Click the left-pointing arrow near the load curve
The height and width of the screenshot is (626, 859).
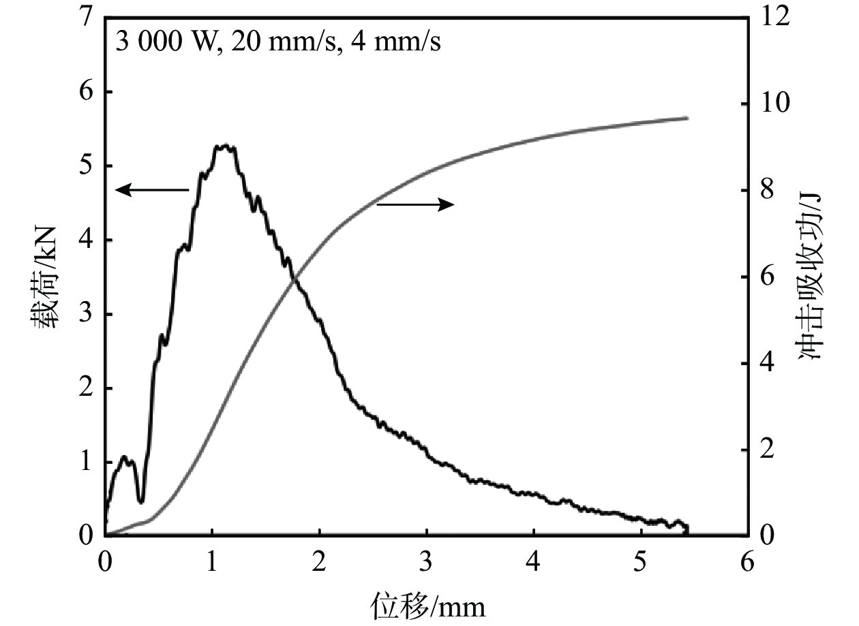pos(151,190)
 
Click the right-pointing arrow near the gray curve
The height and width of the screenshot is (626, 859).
pos(415,204)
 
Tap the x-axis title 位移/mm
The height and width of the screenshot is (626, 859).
pos(427,604)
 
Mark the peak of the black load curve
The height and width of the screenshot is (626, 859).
pos(224,146)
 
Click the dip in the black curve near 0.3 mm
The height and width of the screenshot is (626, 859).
pos(141,501)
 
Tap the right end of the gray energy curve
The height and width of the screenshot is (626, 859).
pos(687,118)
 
